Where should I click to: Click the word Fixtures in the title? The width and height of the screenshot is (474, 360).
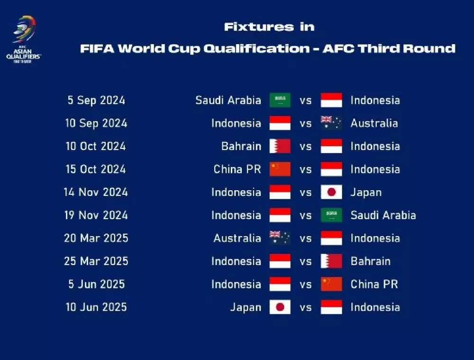point(259,27)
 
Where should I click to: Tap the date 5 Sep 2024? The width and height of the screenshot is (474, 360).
point(96,101)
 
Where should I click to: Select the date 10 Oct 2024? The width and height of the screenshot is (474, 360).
point(96,147)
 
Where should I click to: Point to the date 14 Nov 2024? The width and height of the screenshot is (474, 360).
point(96,193)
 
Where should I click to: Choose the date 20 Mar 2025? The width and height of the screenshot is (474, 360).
point(96,238)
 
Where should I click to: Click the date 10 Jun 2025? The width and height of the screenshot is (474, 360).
point(96,307)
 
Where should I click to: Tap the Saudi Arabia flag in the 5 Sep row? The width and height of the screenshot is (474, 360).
point(280,101)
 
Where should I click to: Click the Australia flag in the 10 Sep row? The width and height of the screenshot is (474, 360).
point(331,123)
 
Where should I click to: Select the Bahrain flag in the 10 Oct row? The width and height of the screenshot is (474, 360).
point(280,146)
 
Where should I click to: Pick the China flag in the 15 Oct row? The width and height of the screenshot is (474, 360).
point(280,169)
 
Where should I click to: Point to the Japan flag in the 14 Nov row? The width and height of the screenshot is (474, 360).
point(331,192)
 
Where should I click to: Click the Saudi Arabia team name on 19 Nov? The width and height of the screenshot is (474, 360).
point(383,215)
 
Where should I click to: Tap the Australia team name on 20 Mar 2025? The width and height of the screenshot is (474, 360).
point(237,238)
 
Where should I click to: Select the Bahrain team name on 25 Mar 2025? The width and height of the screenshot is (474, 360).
point(370,261)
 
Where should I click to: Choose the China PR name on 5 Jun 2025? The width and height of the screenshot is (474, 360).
point(374,285)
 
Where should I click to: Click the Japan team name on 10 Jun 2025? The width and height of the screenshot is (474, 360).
point(246,307)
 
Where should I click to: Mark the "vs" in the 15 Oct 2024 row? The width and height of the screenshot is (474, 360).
point(306,169)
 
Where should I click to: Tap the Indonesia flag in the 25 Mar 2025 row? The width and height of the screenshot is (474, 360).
point(280,261)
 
